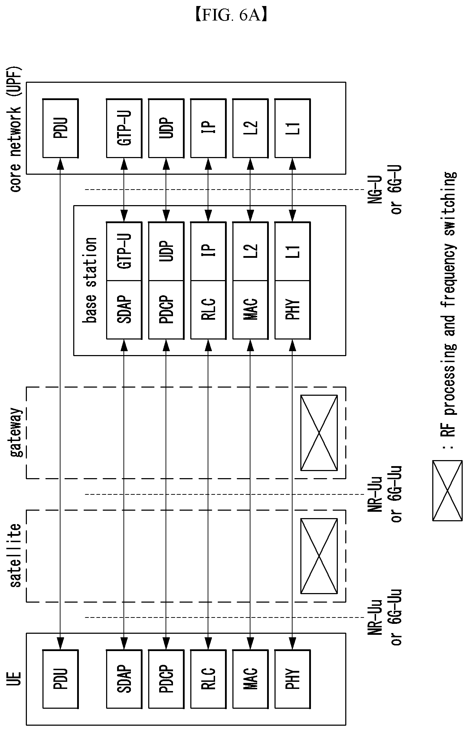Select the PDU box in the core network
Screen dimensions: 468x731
[x=60, y=128]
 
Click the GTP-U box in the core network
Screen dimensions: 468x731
[x=124, y=128]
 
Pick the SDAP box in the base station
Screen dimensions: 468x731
[x=124, y=310]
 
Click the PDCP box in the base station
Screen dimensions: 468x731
[x=166, y=310]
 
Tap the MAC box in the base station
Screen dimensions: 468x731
[x=250, y=310]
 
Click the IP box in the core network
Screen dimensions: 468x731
[x=208, y=128]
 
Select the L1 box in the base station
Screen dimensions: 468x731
[x=293, y=251]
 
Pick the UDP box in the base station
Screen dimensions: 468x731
[x=166, y=251]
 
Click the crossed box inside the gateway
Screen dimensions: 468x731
[x=319, y=433]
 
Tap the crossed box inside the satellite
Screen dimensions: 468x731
[x=319, y=556]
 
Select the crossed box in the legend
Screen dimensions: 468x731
[x=447, y=490]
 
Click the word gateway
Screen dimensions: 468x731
[x=16, y=432]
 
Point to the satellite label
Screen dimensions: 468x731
[x=16, y=555]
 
